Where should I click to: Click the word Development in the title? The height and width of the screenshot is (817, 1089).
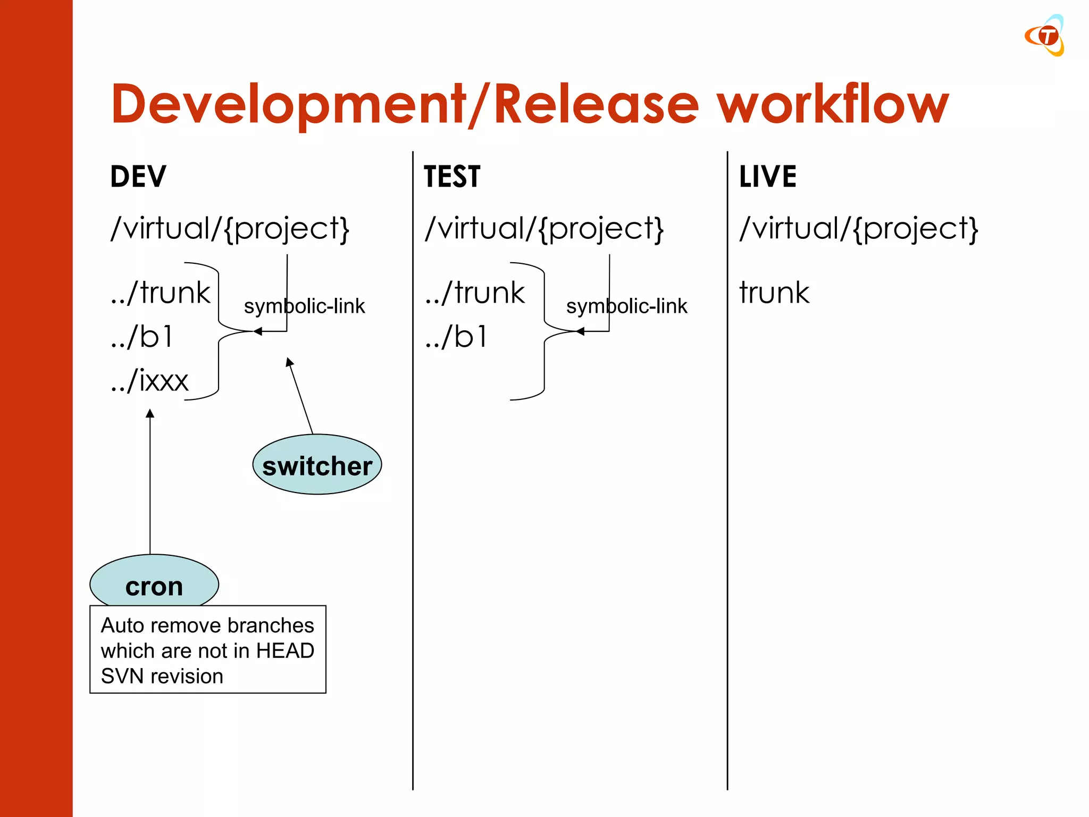pos(287,105)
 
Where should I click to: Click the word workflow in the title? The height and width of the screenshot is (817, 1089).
pos(832,105)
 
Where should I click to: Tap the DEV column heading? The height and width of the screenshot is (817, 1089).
pos(138,177)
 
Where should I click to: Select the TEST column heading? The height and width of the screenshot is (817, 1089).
pos(452,177)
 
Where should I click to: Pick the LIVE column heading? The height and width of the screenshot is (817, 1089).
pos(768,177)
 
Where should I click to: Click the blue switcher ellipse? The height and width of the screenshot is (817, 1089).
pos(317,465)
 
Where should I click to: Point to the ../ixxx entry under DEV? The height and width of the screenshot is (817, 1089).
pos(150,381)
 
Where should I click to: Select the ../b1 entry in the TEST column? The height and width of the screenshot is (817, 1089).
pos(456,337)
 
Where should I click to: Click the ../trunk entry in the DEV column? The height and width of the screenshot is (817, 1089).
pos(161,293)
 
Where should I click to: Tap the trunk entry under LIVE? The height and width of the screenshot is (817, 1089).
pos(774,293)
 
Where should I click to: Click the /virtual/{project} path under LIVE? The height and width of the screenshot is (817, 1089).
pos(858,229)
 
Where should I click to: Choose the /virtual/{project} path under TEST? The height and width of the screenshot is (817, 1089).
pos(544,229)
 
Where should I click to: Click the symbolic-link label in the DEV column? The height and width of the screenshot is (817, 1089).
pos(304,306)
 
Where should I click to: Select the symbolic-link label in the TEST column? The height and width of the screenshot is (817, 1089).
pos(626,306)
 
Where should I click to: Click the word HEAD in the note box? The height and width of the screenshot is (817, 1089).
pos(285,651)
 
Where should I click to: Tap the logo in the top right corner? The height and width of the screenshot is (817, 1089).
pos(1045,36)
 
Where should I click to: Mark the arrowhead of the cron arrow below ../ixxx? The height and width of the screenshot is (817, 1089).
pos(150,413)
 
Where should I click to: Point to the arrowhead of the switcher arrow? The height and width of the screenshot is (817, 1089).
pos(289,362)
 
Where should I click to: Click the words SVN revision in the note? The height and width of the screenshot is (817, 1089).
pos(162,677)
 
